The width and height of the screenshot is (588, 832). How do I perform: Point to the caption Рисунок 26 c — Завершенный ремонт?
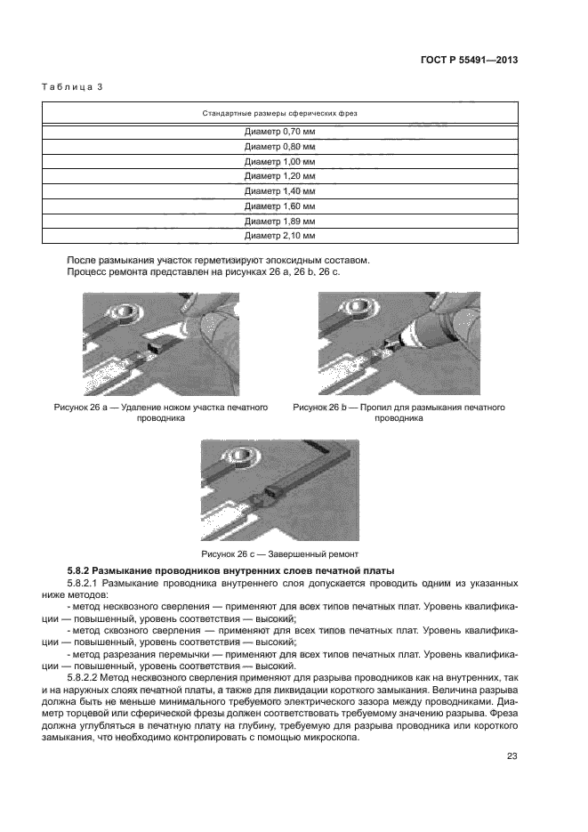click(x=280, y=552)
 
